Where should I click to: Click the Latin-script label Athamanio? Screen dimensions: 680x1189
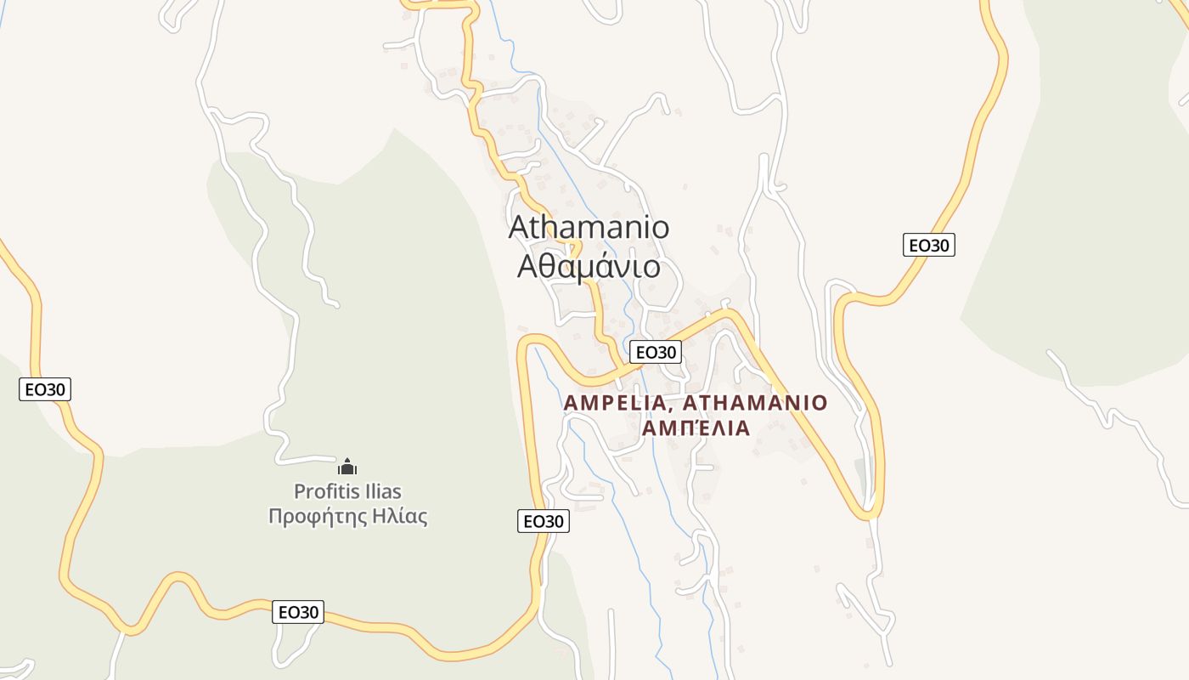[x=589, y=228]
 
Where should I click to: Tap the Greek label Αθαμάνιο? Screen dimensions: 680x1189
[x=589, y=267]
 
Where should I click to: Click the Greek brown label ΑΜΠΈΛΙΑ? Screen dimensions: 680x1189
[x=696, y=428]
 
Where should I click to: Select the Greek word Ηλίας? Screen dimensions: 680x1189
[x=398, y=516]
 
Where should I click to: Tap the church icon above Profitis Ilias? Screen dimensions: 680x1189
[x=347, y=467]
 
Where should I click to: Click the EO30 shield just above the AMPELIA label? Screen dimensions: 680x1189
[x=656, y=352]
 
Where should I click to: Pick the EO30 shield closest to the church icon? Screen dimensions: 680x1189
[x=298, y=612]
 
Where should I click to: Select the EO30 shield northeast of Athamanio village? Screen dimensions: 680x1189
[x=929, y=246]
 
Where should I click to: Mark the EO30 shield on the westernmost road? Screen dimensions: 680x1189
[x=45, y=389]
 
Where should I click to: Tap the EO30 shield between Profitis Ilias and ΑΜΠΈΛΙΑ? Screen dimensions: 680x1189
[x=544, y=521]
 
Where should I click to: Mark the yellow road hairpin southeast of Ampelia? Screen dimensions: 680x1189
[x=868, y=512]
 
